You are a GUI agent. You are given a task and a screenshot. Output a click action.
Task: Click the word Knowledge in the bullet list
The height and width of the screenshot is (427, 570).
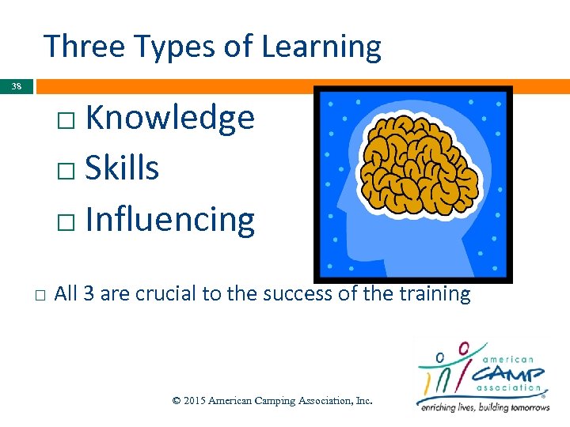point(169,119)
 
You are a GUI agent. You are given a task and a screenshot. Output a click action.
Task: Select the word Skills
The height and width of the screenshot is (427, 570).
point(122,168)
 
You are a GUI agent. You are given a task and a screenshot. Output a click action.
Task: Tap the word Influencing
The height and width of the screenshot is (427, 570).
point(169,220)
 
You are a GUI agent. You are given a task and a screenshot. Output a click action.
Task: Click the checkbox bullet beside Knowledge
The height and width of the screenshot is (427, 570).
point(66,121)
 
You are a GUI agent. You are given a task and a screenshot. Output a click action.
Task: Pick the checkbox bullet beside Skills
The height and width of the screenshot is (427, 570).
point(66,171)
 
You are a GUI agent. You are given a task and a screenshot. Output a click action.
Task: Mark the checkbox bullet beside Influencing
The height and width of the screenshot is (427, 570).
point(66,222)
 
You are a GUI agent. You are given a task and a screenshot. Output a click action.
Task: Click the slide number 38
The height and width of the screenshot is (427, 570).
point(17,86)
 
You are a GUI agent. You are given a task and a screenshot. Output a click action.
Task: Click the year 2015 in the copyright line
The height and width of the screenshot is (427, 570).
point(194,401)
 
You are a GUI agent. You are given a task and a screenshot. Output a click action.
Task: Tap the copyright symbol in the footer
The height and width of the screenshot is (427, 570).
point(176,401)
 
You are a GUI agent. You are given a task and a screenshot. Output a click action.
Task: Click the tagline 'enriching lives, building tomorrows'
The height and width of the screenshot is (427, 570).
point(484,406)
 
